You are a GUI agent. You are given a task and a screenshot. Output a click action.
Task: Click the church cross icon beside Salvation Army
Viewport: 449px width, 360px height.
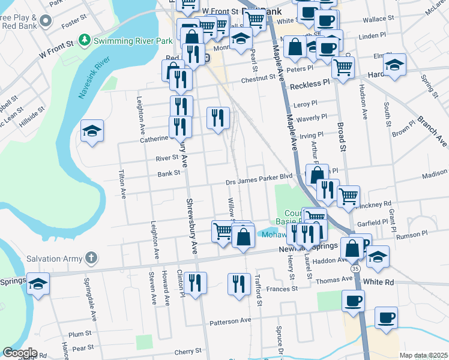tap(91, 259)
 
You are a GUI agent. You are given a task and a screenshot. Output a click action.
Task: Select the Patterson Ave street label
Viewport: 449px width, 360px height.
tap(230, 321)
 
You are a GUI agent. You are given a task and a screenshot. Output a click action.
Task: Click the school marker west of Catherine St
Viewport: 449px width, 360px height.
tap(92, 131)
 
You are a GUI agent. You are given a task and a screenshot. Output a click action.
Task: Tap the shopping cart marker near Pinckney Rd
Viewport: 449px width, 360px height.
tap(348, 196)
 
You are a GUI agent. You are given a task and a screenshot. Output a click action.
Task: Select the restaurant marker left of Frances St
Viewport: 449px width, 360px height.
tap(239, 284)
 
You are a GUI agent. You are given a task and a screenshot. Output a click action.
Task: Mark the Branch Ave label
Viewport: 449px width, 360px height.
tap(433, 131)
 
